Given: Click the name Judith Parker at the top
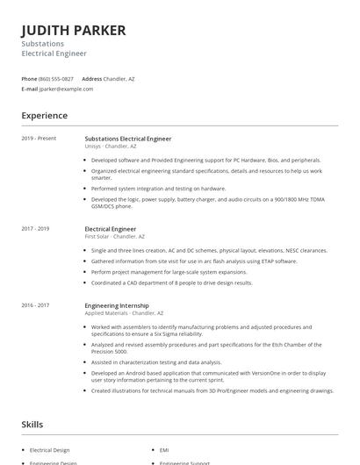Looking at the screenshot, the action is point(74,30).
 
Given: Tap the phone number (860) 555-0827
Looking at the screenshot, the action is point(56,79).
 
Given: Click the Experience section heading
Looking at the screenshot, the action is point(44,116).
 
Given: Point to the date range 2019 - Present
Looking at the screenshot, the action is point(39,139).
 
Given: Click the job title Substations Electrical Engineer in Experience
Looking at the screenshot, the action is point(127,139).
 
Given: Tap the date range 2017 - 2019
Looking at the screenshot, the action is point(35,229).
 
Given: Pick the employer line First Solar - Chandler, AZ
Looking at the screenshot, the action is point(114,237).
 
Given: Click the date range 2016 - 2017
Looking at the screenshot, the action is point(35,304).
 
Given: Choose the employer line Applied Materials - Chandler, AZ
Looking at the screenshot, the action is point(124,312).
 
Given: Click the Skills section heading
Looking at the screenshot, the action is point(32,425).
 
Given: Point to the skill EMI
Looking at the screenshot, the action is point(164,450).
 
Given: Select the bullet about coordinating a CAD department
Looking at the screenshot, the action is point(171,283).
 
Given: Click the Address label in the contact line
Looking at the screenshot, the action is point(91,79).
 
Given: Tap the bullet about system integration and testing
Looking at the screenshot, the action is point(158,189).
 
